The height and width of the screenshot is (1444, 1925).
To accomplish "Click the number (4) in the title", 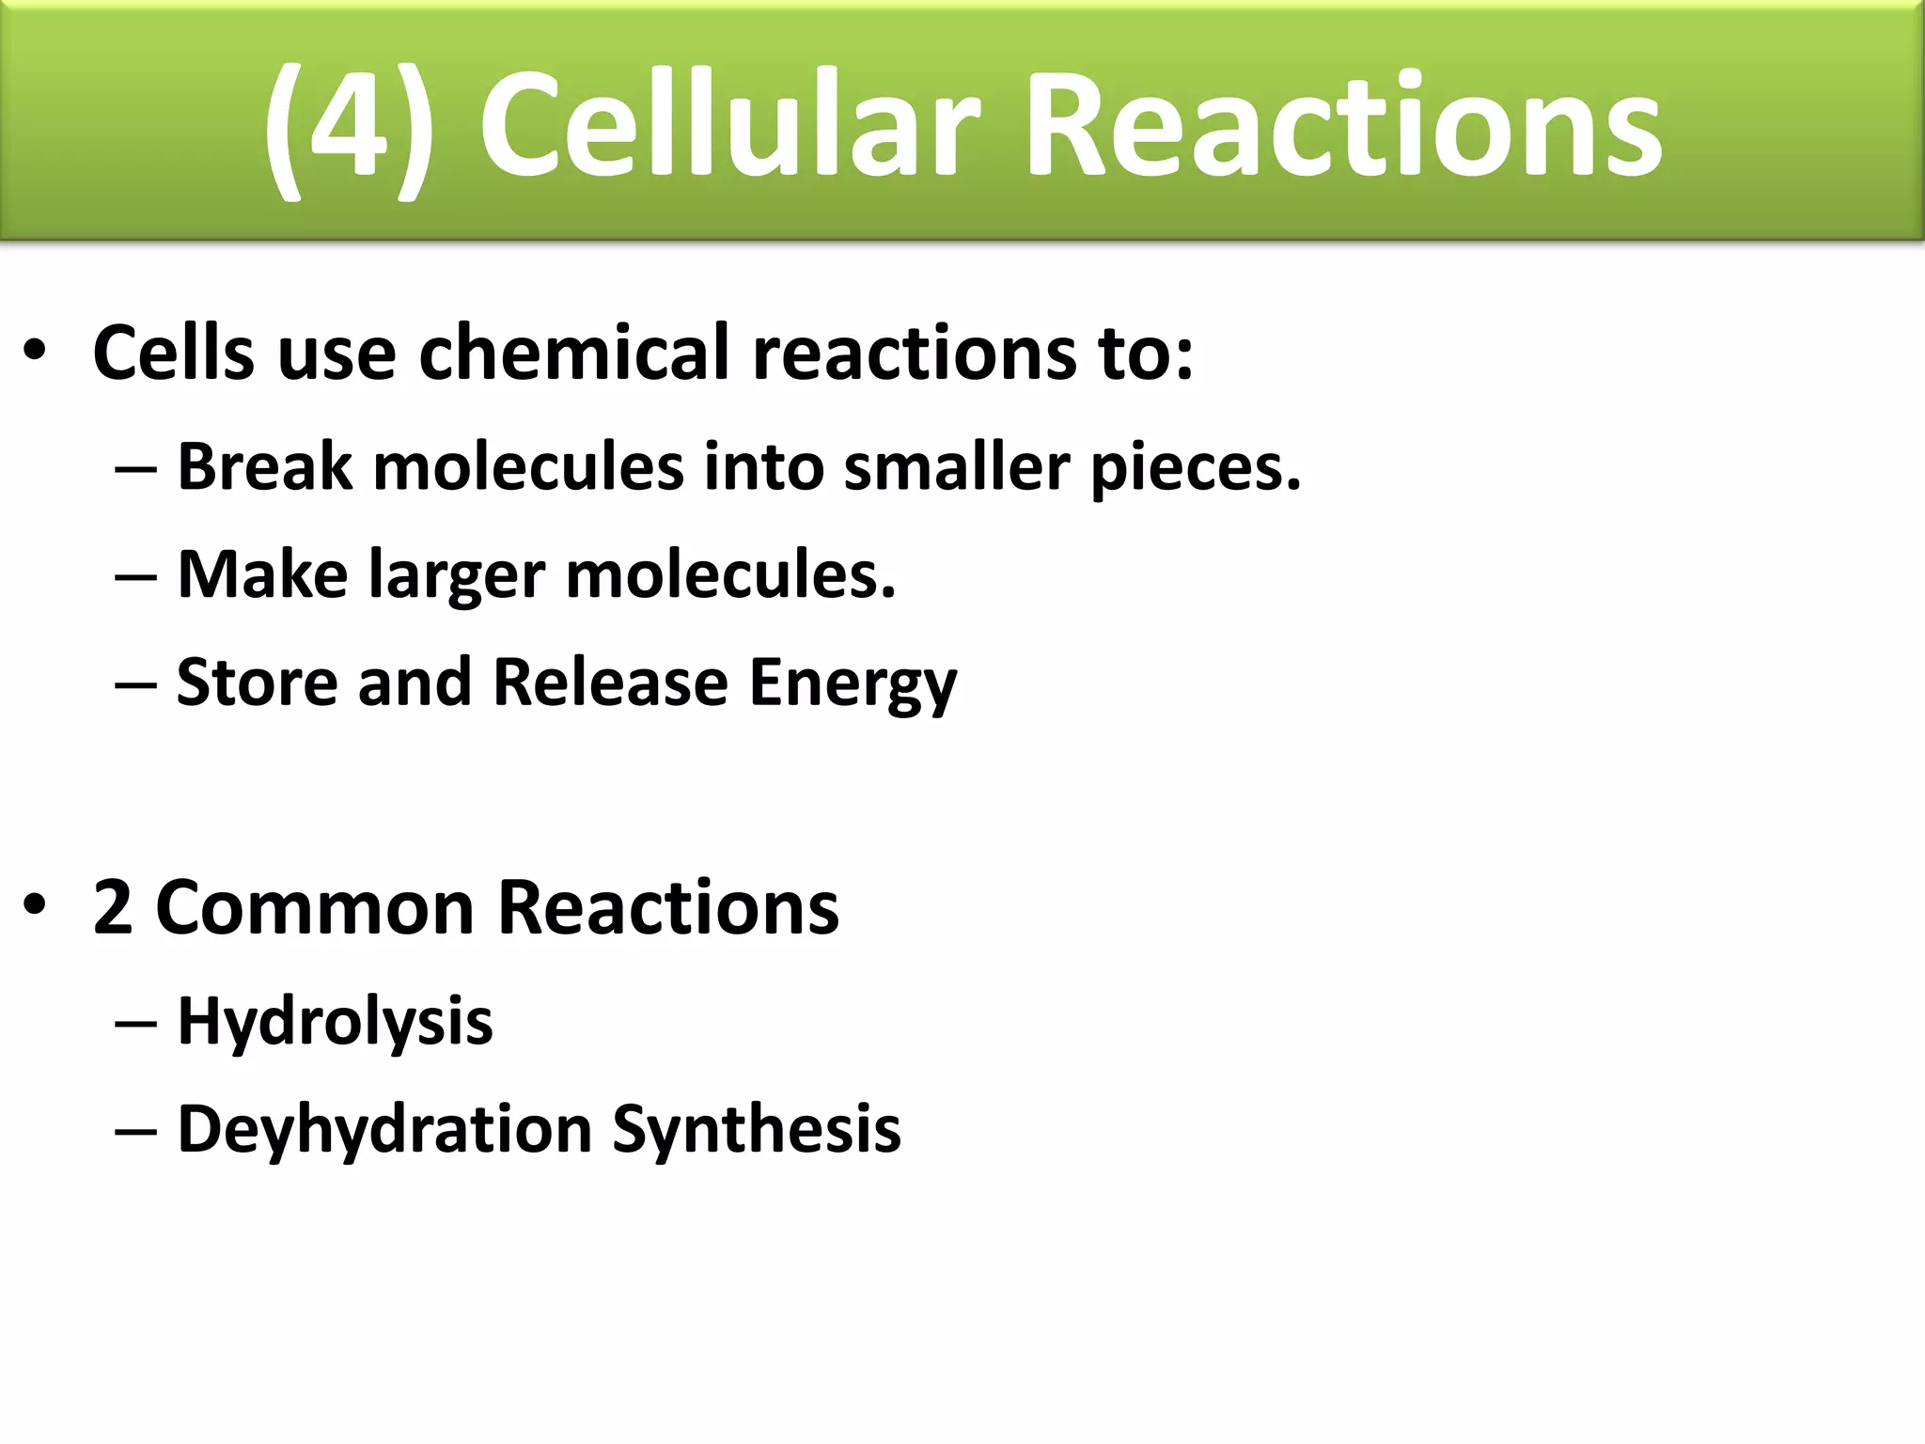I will click(348, 127).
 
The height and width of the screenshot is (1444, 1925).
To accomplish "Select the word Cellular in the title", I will click(729, 127).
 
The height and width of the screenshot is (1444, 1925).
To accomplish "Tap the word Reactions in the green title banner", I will click(1344, 127).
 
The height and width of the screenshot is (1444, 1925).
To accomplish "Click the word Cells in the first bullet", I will click(174, 353).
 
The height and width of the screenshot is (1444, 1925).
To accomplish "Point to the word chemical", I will click(573, 353).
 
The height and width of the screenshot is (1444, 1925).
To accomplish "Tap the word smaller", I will click(957, 466).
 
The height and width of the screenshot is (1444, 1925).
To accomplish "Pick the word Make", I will click(262, 574).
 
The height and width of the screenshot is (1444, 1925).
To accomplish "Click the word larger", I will click(457, 576).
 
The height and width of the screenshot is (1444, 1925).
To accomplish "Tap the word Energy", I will click(853, 684).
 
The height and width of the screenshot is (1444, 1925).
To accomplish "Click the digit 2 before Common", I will click(113, 907).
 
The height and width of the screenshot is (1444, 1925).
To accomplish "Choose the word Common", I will click(314, 908).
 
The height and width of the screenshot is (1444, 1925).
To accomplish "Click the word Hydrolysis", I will click(335, 1022).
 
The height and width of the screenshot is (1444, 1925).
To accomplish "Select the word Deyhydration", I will click(384, 1129).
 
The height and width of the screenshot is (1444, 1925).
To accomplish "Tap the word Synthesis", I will click(757, 1129).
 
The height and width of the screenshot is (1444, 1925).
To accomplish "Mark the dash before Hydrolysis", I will click(135, 1023).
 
